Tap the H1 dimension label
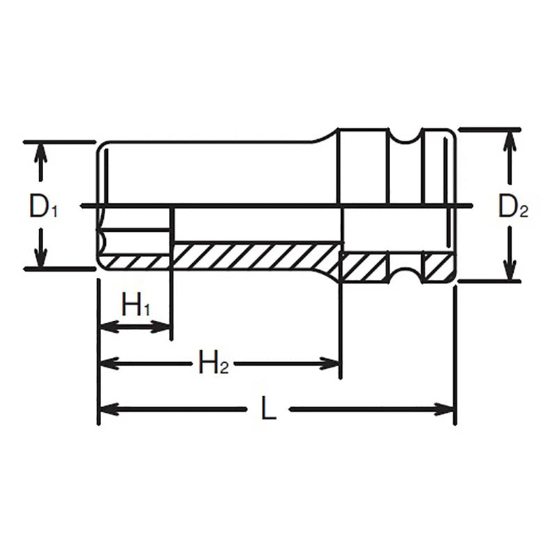pyautogui.click(x=136, y=304)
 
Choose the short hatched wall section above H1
pyautogui.click(x=136, y=262)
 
